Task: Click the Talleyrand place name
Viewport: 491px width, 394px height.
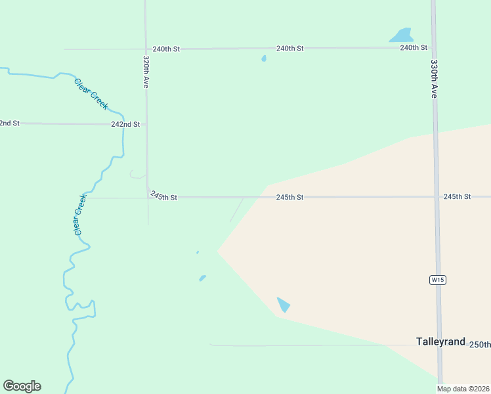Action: tap(440, 342)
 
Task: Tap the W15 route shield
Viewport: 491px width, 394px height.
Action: tap(438, 280)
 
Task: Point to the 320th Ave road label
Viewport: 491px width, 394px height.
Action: tap(146, 72)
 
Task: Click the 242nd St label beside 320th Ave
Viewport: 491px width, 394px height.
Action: tap(125, 124)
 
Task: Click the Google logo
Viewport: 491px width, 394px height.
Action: tap(22, 386)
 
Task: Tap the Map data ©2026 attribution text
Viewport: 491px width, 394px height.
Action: tap(463, 389)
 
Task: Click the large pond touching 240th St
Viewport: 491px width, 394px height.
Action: tap(401, 35)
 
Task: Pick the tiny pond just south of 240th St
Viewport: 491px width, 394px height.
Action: tap(264, 58)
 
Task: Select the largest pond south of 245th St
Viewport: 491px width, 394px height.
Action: tap(284, 305)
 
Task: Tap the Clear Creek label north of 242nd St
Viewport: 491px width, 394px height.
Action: tap(91, 94)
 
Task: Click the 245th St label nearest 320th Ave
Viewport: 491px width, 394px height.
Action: tap(163, 196)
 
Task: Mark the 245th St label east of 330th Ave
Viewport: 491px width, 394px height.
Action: tap(457, 197)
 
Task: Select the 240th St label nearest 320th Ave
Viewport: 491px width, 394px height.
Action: tap(166, 49)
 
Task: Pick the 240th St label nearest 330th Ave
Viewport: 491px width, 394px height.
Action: tap(414, 48)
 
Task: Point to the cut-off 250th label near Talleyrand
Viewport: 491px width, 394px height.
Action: tap(480, 345)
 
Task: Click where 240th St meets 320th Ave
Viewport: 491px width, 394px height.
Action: tap(145, 49)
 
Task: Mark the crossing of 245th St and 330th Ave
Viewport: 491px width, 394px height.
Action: tap(436, 196)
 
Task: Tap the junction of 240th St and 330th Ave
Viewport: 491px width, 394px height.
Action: tap(433, 47)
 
